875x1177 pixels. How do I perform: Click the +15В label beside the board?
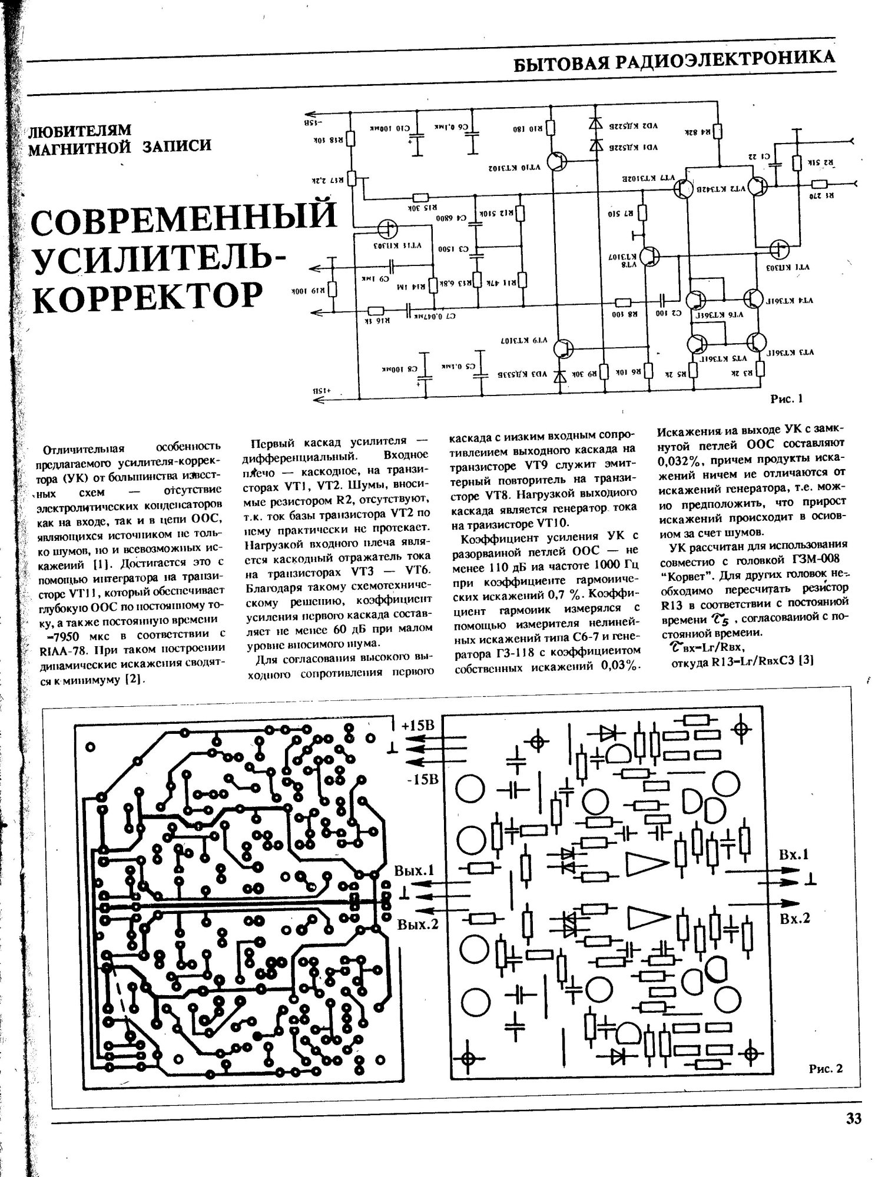pyautogui.click(x=417, y=726)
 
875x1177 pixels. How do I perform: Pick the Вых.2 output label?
pyautogui.click(x=418, y=925)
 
